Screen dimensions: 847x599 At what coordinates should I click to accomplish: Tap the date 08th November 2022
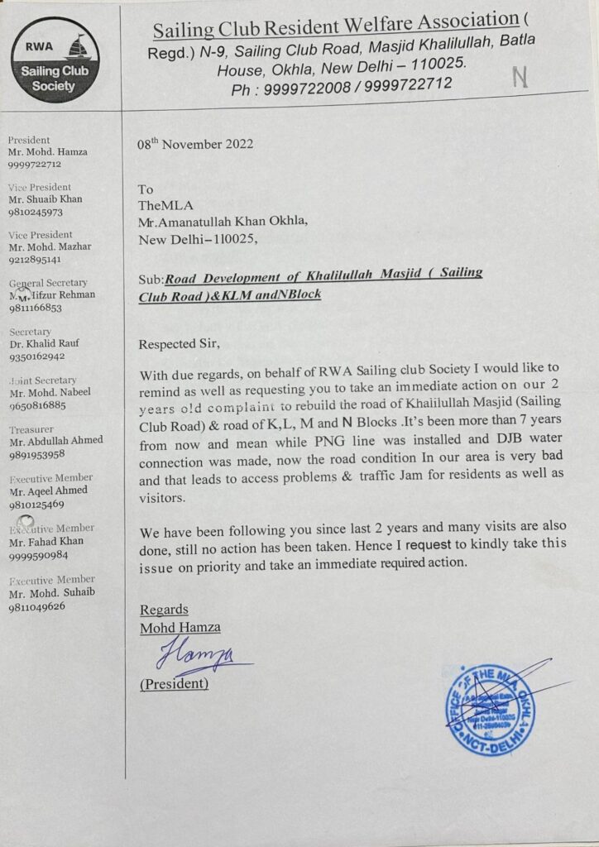(x=195, y=143)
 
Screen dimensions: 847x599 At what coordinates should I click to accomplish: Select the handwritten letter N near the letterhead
(x=520, y=78)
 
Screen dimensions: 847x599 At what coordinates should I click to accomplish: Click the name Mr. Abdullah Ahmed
(x=55, y=441)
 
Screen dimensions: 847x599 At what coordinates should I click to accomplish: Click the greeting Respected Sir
(x=180, y=343)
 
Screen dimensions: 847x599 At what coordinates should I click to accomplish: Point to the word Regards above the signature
(x=164, y=610)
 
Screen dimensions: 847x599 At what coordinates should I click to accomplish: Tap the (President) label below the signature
(x=174, y=684)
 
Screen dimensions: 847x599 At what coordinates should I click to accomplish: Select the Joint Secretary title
(x=43, y=381)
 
